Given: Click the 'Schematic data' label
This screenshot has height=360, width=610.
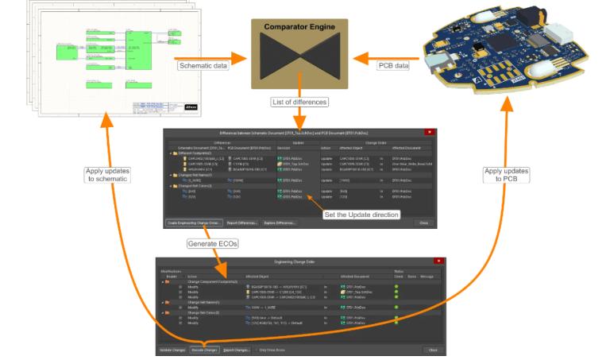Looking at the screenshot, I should pos(203,65).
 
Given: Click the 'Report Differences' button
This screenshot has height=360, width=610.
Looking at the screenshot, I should pos(241,223).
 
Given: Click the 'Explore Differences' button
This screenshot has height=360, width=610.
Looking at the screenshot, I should pos(280,223).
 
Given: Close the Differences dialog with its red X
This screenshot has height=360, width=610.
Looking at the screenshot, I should pos(430,131).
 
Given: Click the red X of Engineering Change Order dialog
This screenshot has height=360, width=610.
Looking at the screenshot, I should pos(438,261).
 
